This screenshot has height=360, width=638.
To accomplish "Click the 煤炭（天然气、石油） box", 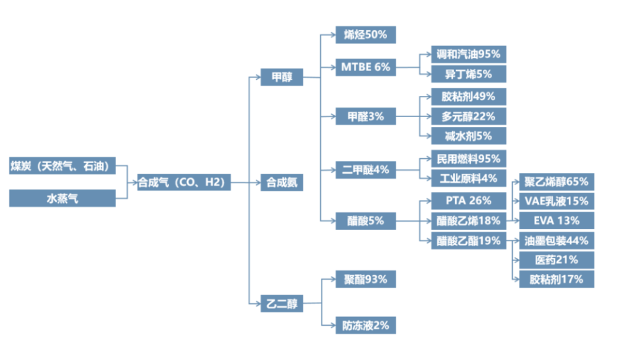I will [62, 166].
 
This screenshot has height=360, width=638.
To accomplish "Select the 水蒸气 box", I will [62, 199].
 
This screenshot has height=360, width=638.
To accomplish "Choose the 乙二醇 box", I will [282, 304].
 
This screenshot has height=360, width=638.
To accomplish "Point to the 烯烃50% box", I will [365, 34].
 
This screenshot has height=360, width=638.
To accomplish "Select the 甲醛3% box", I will [365, 116].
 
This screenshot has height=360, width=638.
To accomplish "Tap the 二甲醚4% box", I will [365, 169].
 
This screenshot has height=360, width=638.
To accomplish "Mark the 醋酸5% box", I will [365, 220].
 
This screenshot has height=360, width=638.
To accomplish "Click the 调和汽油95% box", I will [468, 54].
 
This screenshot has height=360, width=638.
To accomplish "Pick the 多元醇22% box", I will [468, 116].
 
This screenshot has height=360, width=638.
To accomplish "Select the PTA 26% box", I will [468, 201].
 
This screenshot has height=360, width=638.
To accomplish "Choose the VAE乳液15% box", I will [556, 201].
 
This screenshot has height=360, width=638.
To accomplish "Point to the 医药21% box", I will [556, 260].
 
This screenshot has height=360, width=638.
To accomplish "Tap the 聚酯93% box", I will [365, 279].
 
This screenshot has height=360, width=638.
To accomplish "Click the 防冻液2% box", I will [365, 324].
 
